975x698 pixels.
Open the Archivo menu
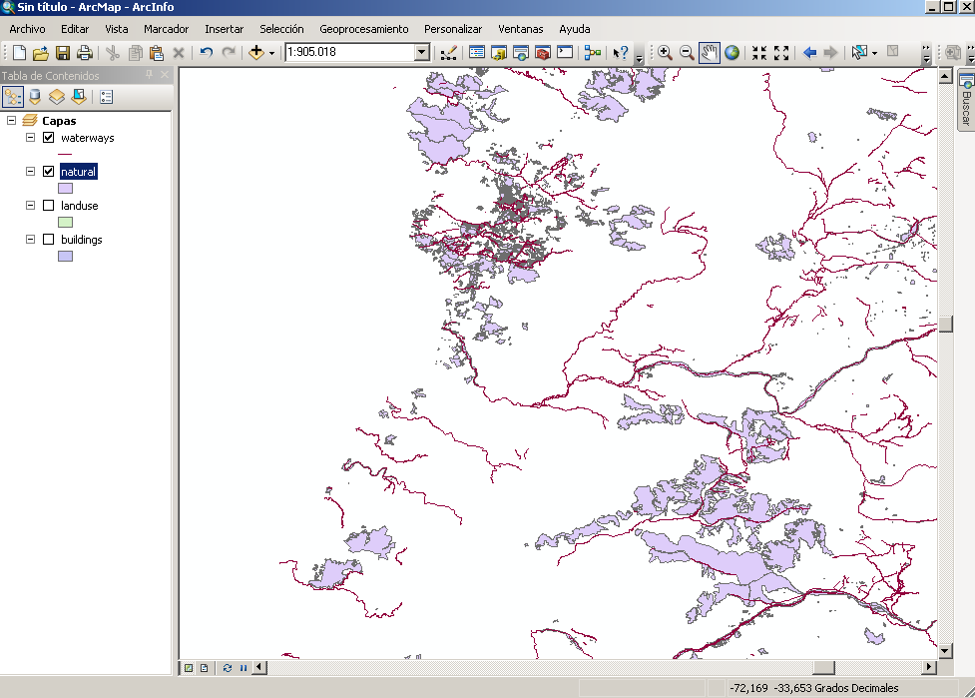(x=27, y=29)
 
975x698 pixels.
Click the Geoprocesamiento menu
(x=363, y=29)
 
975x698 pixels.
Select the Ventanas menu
(x=521, y=29)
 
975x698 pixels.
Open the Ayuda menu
(x=574, y=29)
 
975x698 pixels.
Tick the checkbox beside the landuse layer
(x=48, y=206)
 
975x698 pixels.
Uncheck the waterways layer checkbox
(x=48, y=138)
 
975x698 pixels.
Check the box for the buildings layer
(x=48, y=240)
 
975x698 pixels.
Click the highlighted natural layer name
(x=78, y=172)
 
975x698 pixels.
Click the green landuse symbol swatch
(x=66, y=222)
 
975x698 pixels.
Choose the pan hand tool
(x=710, y=53)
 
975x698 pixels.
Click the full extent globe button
(x=731, y=53)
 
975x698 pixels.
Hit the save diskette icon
(x=63, y=53)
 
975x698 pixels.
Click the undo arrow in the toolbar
(x=207, y=53)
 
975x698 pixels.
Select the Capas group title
(x=59, y=121)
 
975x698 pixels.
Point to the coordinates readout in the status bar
(x=814, y=688)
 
